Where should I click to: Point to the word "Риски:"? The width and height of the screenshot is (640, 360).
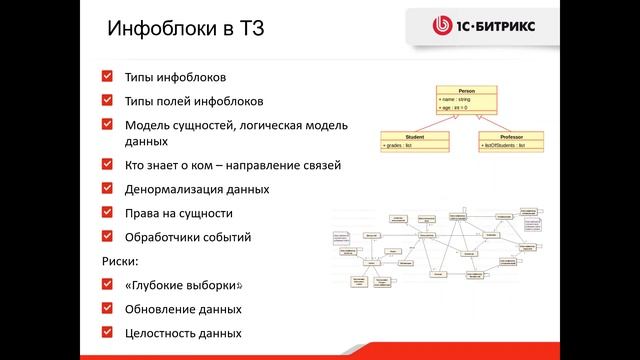click(121, 261)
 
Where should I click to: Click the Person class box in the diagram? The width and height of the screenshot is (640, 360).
click(466, 98)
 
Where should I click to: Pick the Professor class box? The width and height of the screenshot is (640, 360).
click(511, 141)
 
